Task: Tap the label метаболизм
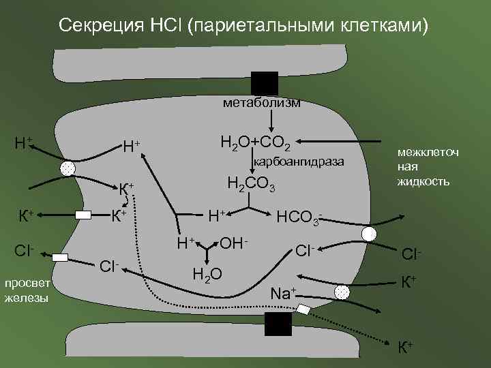pos(261,103)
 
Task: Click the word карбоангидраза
pos(299,162)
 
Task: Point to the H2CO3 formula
pos(250,185)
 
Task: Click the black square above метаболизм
pos(264,82)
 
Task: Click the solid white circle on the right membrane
pos(369,234)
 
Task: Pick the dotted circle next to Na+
pos(340,292)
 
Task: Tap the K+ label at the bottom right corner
pos(405,347)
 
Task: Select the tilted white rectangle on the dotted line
pos(303,310)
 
